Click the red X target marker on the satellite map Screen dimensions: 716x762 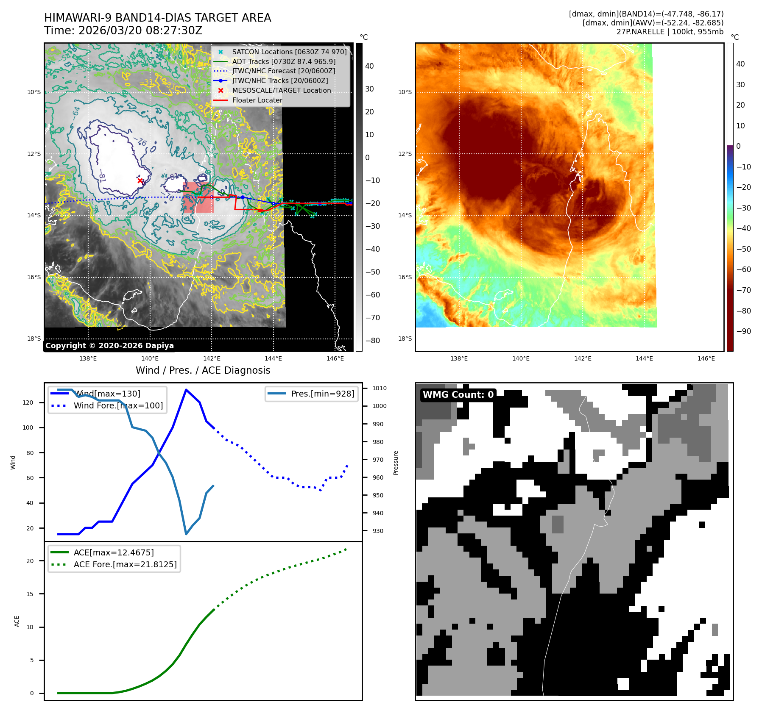[140, 181]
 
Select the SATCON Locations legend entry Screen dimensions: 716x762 [289, 52]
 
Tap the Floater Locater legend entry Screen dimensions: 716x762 [257, 100]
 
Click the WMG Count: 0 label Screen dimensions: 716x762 [458, 395]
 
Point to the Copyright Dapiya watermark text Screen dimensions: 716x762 [109, 346]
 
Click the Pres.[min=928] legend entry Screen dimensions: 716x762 [322, 394]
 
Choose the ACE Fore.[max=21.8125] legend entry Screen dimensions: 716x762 [125, 564]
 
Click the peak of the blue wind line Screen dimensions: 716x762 [186, 389]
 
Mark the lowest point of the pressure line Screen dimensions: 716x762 [186, 534]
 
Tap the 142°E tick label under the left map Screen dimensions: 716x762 [212, 358]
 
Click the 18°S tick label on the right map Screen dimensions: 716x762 [405, 339]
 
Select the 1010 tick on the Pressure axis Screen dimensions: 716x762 [379, 388]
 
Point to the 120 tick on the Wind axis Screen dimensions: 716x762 [28, 402]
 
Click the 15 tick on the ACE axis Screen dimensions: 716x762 [30, 594]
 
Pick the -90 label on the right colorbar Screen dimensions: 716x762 [743, 331]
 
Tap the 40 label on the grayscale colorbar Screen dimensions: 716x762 [369, 66]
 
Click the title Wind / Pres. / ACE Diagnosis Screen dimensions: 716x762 [203, 370]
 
